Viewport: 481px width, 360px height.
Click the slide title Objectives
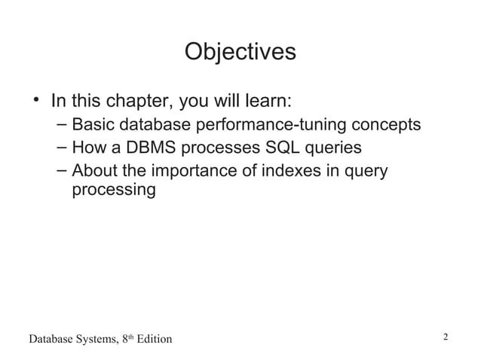tap(240, 52)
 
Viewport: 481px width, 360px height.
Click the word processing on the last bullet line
tap(113, 190)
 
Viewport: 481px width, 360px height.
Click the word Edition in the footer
tap(152, 339)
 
